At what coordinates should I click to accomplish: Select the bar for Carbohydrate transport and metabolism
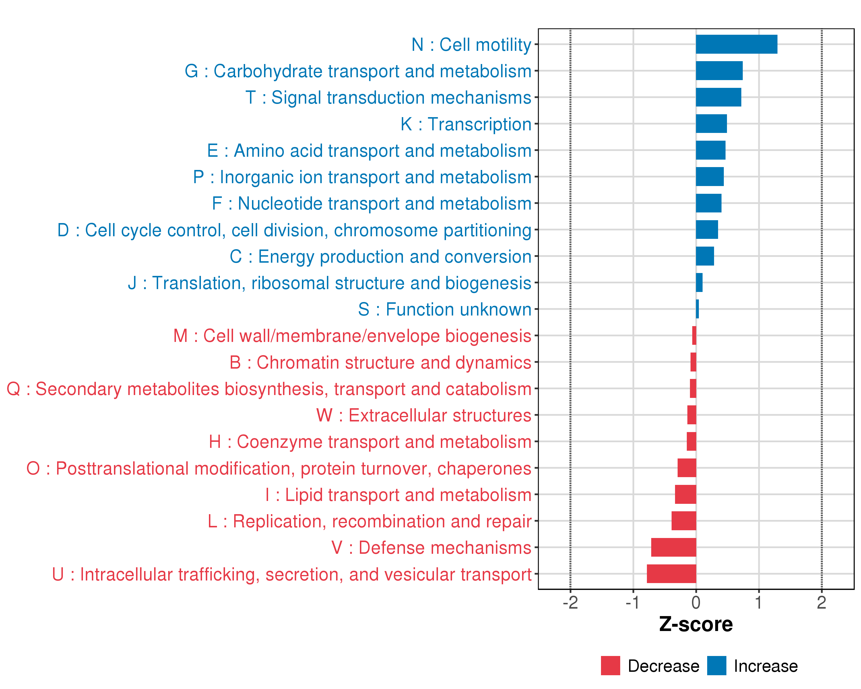(x=719, y=71)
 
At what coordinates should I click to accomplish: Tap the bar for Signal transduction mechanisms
(x=718, y=97)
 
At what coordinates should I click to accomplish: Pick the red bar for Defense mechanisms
(x=673, y=547)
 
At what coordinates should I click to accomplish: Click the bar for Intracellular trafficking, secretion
(x=671, y=574)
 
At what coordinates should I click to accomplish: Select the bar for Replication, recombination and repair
(x=684, y=521)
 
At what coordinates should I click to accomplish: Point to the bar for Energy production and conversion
(x=705, y=256)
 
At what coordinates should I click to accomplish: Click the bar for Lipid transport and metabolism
(x=685, y=494)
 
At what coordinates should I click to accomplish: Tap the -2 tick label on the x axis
(x=570, y=602)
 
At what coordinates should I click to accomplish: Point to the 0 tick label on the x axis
(x=696, y=602)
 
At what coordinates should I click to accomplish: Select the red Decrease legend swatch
(x=610, y=666)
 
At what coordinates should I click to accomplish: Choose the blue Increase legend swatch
(x=716, y=666)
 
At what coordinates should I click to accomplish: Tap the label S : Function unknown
(x=445, y=309)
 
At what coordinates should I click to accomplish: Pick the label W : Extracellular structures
(x=424, y=415)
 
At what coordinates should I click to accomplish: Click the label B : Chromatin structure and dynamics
(x=380, y=363)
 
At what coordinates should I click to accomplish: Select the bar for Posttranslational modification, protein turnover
(x=687, y=468)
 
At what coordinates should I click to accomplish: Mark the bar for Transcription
(x=711, y=124)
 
